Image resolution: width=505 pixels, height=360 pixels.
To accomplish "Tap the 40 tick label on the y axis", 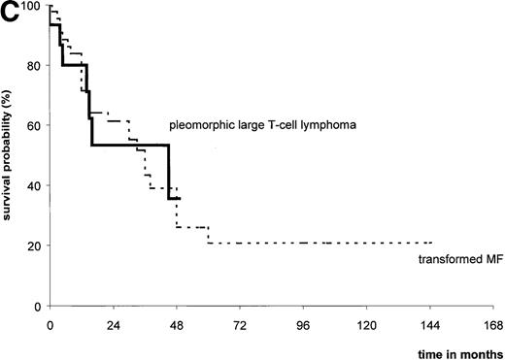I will click(x=35, y=185).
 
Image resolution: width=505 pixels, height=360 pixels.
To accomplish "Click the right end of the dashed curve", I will click(x=430, y=243).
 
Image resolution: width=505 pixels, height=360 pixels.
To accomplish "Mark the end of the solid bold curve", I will click(x=180, y=198).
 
